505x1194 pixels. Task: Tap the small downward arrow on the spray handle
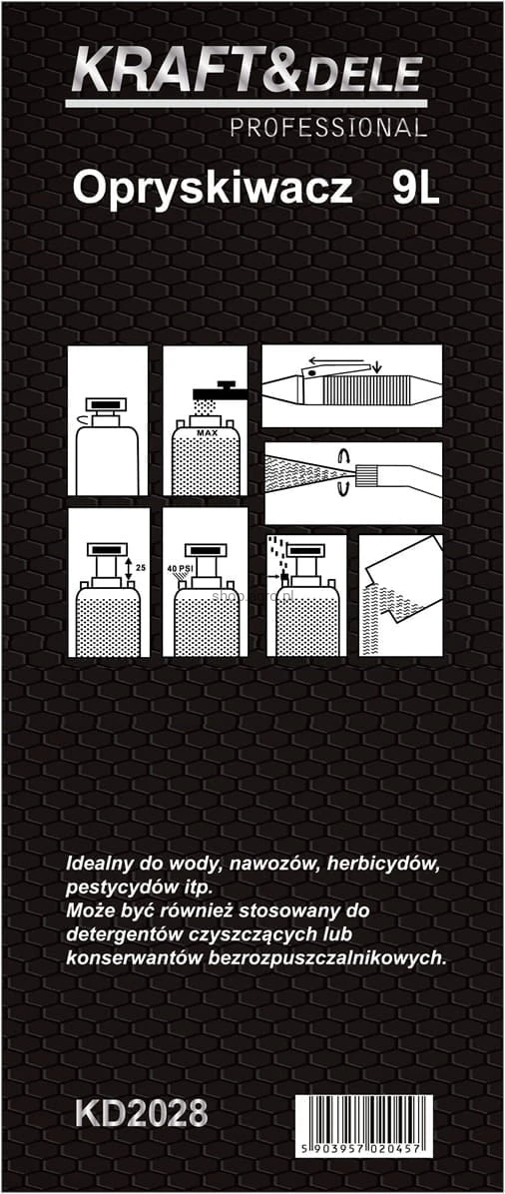[379, 364]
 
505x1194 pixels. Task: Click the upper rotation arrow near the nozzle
[345, 457]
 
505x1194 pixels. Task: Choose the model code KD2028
[141, 1113]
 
